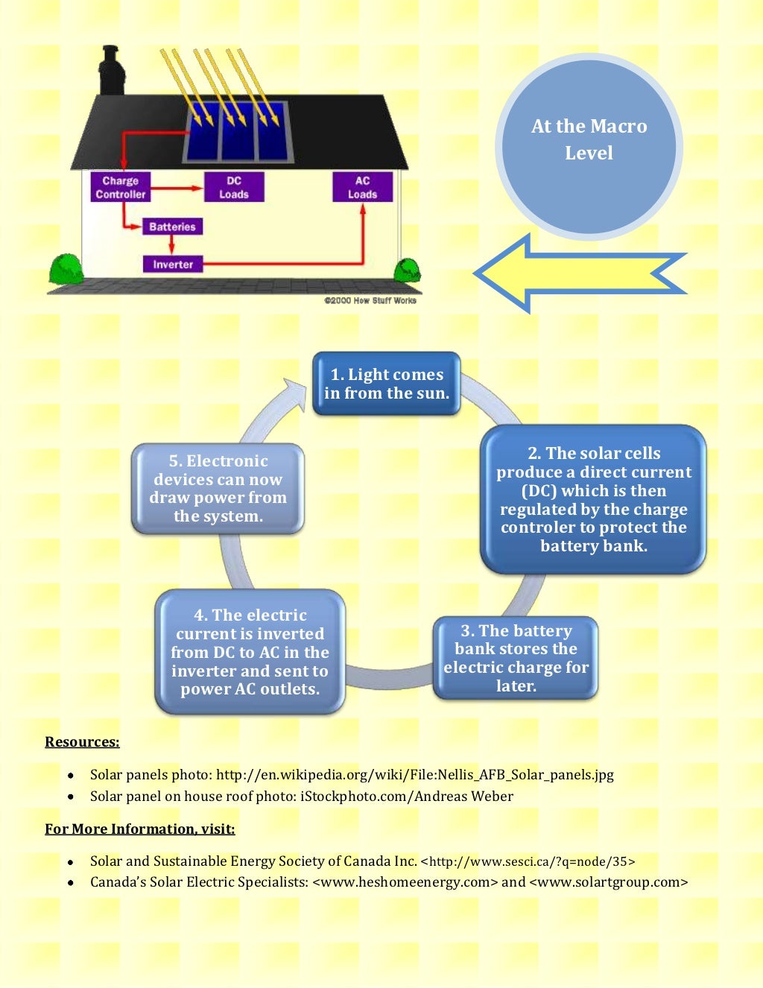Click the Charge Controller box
tap(120, 187)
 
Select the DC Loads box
tap(233, 187)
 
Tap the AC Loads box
tap(362, 187)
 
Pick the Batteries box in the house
tap(172, 227)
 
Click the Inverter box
tap(173, 264)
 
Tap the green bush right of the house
tap(407, 270)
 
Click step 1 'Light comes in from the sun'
tap(387, 384)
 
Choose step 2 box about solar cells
tap(593, 499)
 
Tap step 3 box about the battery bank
tap(516, 658)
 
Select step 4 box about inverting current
tap(250, 652)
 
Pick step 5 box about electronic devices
tap(218, 488)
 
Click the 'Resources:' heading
tap(82, 742)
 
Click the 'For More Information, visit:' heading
tap(140, 829)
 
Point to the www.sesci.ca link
tap(532, 862)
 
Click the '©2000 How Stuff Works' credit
tap(370, 300)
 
